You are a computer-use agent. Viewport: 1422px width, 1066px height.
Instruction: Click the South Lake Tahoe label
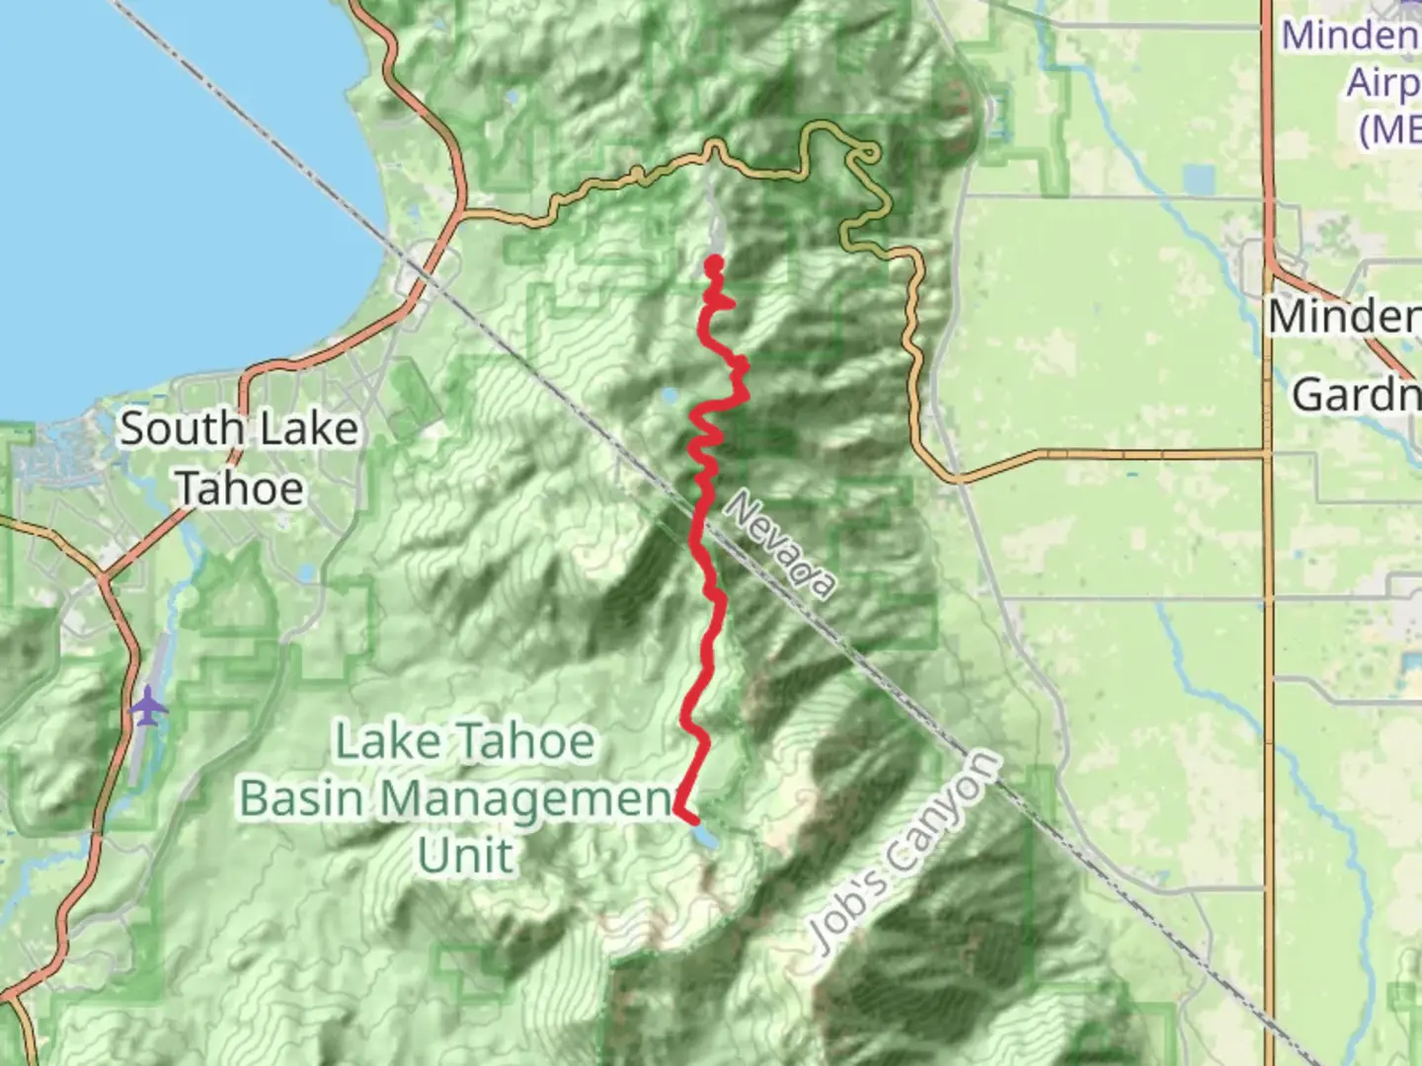tap(239, 458)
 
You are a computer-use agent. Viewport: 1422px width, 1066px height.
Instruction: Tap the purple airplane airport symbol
tap(147, 708)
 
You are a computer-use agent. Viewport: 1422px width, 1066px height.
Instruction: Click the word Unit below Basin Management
tap(465, 855)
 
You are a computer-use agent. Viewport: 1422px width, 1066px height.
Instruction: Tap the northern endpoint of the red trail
tap(713, 263)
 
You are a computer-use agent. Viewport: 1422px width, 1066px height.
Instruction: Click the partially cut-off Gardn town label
tap(1355, 396)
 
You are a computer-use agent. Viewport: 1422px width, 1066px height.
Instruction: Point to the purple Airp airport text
tap(1382, 83)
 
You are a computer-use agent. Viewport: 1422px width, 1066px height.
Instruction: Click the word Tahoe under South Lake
tap(239, 488)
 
